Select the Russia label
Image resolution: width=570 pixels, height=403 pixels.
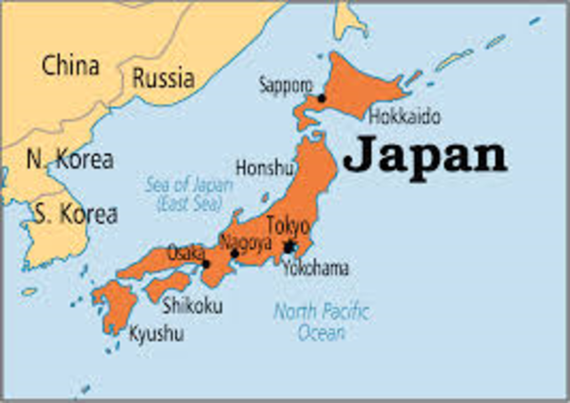163,77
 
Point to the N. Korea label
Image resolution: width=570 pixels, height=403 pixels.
69,160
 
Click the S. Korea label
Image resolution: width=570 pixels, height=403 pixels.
75,214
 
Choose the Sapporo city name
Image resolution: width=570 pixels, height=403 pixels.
285,85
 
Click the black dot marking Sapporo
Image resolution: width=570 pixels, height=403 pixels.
322,98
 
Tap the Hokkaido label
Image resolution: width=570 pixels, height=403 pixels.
403,116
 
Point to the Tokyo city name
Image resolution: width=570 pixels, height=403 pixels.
288,226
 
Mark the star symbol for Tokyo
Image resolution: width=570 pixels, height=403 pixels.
289,246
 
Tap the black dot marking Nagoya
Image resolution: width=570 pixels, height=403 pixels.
234,254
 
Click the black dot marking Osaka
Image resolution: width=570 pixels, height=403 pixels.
206,263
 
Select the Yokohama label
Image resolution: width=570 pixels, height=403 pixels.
315,267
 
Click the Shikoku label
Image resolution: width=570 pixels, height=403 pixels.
192,306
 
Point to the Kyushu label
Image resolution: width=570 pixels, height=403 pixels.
157,334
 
